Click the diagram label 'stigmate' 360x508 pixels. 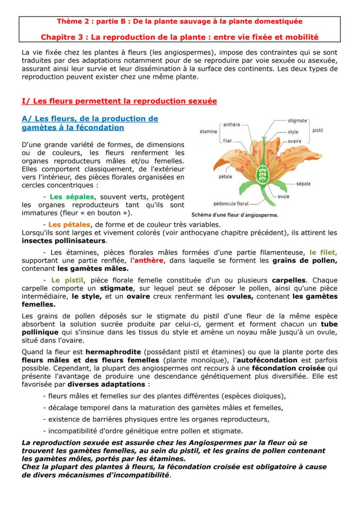(x=297, y=120)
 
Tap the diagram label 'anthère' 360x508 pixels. (x=231, y=125)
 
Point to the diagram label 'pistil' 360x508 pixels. (x=317, y=130)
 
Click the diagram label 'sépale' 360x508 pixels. (x=303, y=184)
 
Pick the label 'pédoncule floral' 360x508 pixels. (x=231, y=203)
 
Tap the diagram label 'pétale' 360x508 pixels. (x=225, y=177)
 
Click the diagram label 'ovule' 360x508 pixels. (x=283, y=196)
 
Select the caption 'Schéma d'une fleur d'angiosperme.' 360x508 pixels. (x=235, y=215)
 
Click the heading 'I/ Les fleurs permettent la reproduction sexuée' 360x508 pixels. (x=119, y=101)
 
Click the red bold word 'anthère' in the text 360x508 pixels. (x=148, y=260)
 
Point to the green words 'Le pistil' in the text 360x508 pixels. (x=67, y=280)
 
